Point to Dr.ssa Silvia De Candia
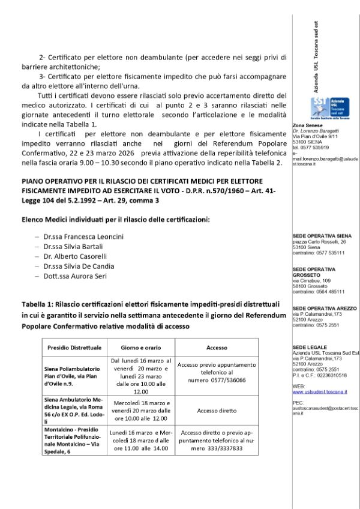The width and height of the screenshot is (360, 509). tap(79, 266)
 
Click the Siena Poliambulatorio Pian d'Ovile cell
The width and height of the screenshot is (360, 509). tap(74, 376)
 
